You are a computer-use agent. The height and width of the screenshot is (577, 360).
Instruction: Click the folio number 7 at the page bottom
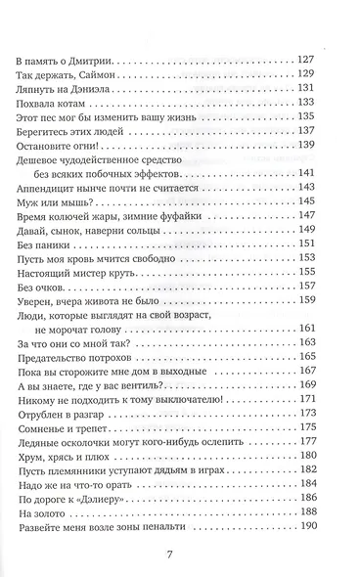[x=168, y=555]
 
